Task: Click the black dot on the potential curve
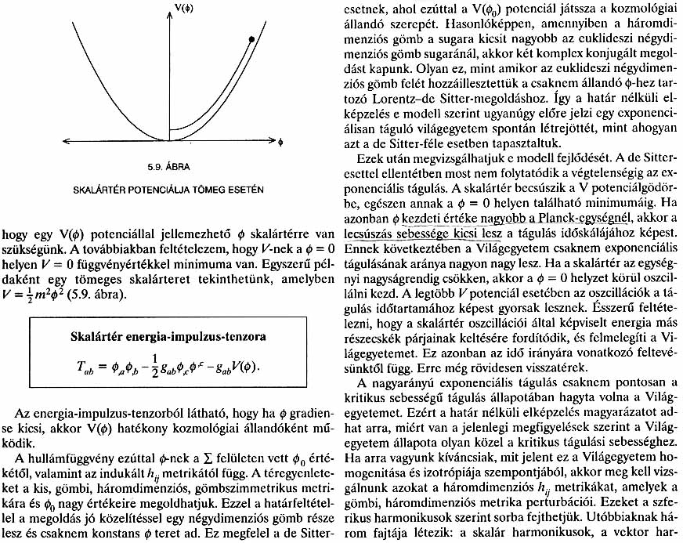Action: coord(251,38)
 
